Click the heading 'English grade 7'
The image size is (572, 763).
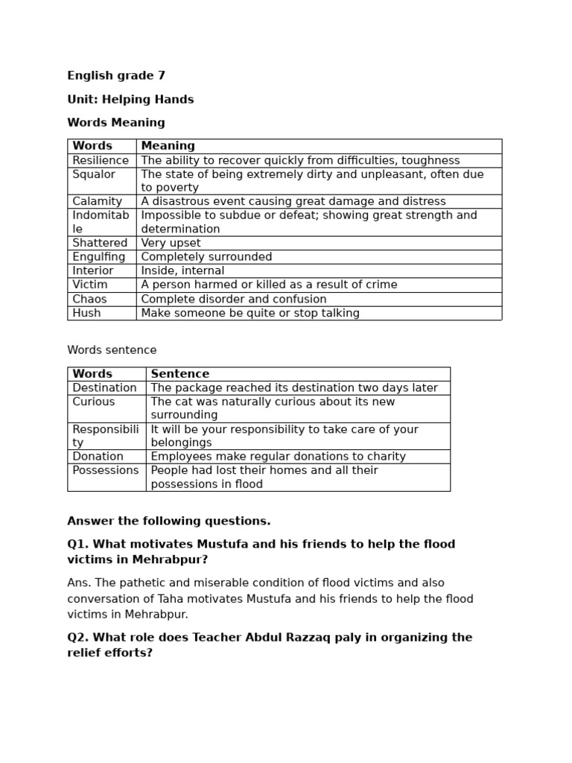(116, 75)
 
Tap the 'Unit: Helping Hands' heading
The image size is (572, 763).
(130, 99)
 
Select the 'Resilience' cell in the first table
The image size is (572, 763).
(101, 160)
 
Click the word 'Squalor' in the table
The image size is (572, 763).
(94, 174)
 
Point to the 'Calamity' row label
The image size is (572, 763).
(97, 201)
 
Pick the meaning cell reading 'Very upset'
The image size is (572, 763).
(171, 243)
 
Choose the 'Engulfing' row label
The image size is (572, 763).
(99, 257)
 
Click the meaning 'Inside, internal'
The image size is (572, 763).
(182, 270)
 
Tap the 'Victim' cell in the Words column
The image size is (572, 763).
(90, 285)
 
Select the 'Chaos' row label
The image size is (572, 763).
(89, 299)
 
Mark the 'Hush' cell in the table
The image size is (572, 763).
(86, 313)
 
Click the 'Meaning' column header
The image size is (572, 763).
(168, 146)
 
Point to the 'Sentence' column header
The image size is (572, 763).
(179, 374)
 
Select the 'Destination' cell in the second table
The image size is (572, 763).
(104, 387)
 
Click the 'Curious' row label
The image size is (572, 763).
(94, 402)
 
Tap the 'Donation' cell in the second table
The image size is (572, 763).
(98, 456)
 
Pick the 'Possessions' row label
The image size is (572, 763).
(106, 470)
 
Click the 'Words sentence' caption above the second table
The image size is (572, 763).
(112, 350)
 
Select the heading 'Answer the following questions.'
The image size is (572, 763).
(169, 521)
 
